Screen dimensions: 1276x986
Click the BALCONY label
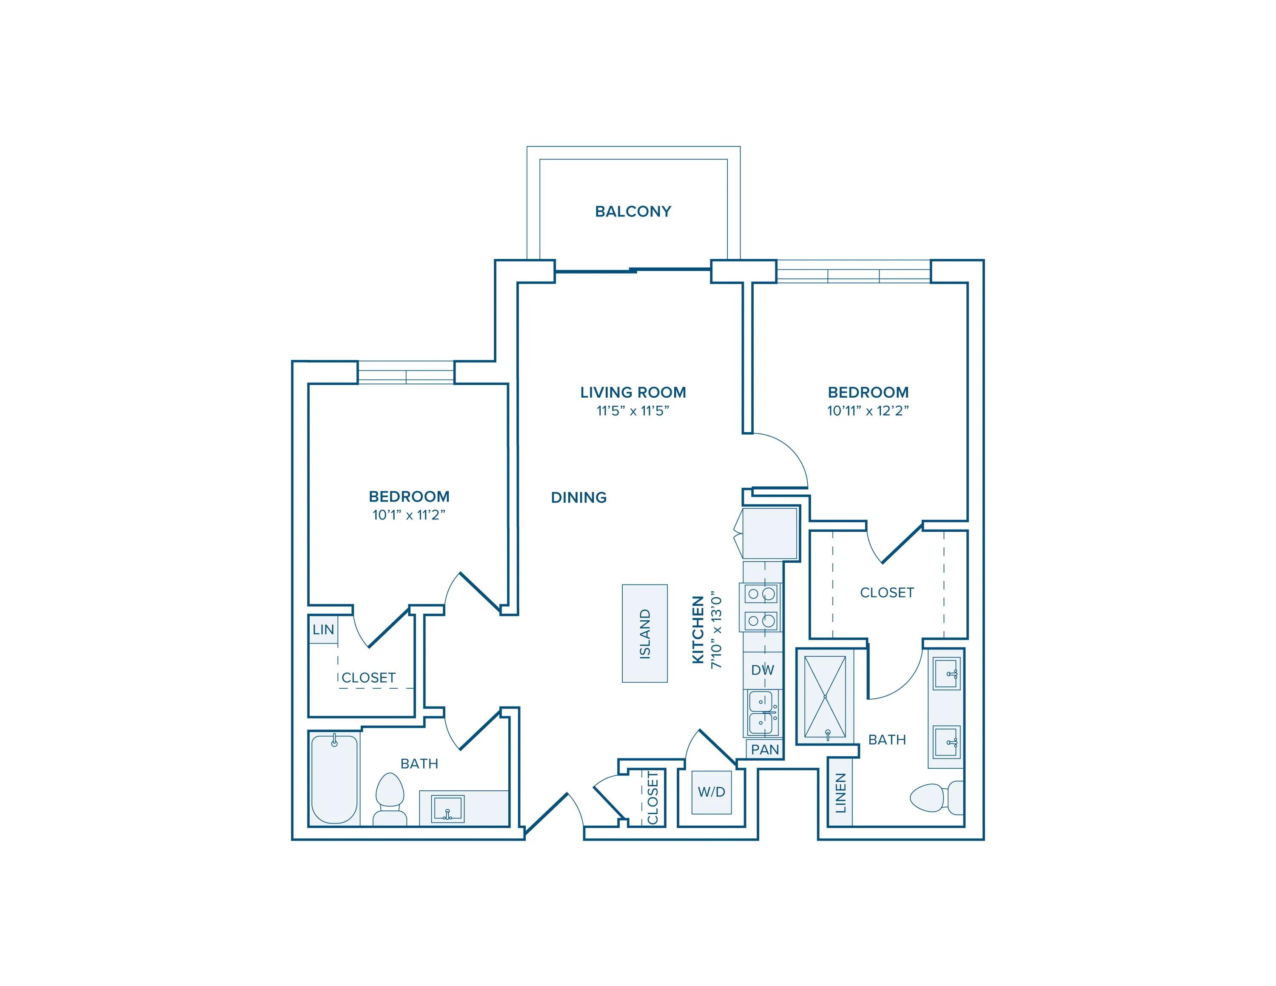click(x=633, y=211)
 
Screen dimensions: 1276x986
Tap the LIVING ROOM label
click(x=633, y=393)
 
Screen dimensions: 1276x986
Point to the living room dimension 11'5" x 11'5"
click(x=633, y=410)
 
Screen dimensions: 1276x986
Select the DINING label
click(x=578, y=498)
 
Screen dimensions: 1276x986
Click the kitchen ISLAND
click(x=644, y=633)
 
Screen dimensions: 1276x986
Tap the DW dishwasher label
click(x=763, y=670)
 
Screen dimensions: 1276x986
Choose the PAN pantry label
click(x=765, y=749)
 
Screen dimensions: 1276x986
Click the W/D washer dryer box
click(x=712, y=792)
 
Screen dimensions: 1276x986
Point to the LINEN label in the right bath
click(x=840, y=792)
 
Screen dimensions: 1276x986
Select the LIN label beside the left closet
click(x=323, y=630)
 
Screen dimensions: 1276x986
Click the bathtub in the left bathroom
click(x=334, y=779)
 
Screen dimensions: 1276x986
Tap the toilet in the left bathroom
click(x=390, y=798)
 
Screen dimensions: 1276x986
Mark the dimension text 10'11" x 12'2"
click(x=868, y=410)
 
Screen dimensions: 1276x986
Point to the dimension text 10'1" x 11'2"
click(x=409, y=515)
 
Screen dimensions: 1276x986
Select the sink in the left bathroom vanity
click(x=447, y=809)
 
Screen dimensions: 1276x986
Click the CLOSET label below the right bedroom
click(x=887, y=593)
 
